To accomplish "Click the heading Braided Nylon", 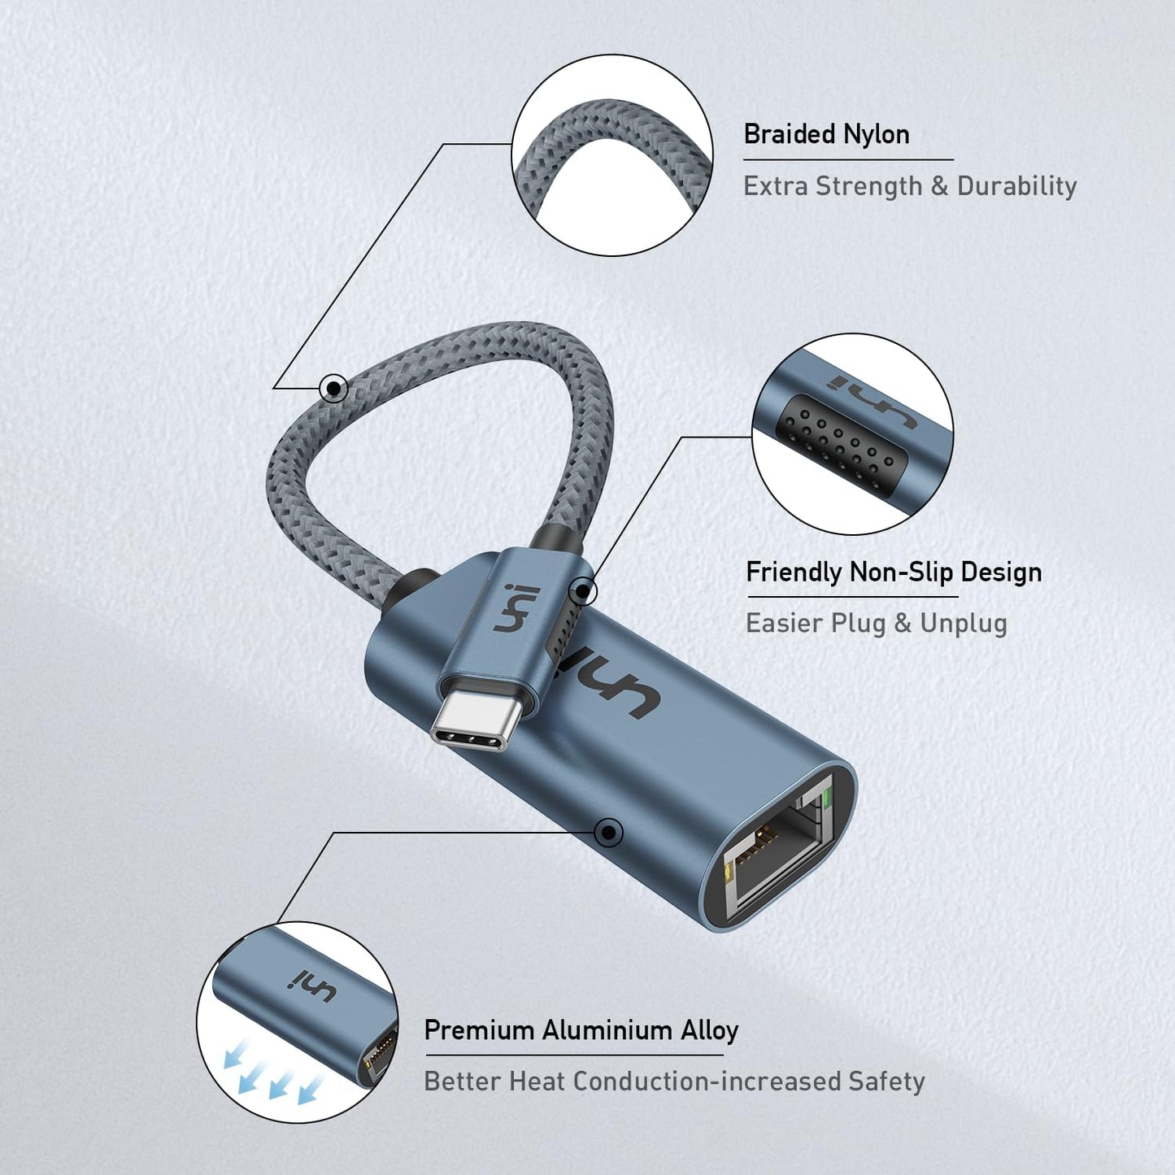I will click(x=826, y=134).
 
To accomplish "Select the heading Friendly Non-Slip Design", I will click(x=893, y=572).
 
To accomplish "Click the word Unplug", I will click(x=963, y=624).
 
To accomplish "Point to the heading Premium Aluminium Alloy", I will click(x=581, y=1030).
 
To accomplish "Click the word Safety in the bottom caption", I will click(x=886, y=1081).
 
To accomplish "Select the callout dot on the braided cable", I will click(x=333, y=388).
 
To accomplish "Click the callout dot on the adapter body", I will click(x=608, y=832).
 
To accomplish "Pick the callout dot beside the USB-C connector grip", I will click(x=582, y=592).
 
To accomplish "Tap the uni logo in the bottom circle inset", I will click(x=313, y=986).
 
